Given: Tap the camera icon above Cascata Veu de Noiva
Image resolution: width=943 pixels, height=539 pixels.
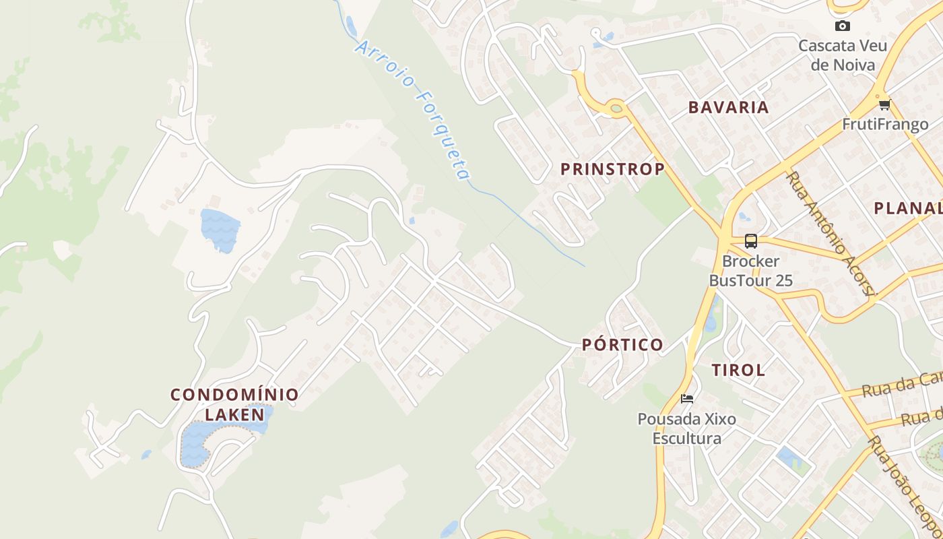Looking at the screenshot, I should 842,26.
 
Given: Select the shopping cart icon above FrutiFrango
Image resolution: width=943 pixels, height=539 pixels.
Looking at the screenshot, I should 884,104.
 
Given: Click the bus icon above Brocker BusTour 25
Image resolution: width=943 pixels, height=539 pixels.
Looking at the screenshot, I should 751,241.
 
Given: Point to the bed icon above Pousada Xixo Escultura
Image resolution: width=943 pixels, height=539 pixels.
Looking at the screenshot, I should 687,398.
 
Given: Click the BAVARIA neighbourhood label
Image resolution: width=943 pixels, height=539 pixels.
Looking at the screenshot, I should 728,107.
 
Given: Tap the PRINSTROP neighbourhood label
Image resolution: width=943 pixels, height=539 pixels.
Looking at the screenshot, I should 612,169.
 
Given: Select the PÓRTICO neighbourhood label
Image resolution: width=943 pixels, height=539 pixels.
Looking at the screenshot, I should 622,345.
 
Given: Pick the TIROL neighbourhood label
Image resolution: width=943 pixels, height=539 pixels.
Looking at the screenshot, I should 738,370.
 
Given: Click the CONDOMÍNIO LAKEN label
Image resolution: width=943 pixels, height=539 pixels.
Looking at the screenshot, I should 234,404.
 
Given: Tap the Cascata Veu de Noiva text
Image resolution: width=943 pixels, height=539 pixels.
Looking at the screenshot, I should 843,55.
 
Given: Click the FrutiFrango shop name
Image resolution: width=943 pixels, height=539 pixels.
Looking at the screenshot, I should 885,125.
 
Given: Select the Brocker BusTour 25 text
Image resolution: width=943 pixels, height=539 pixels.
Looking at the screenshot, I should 751,271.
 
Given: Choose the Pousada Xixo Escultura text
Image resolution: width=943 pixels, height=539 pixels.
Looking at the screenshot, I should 687,429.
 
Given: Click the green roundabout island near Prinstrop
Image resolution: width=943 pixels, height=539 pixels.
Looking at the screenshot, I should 616,107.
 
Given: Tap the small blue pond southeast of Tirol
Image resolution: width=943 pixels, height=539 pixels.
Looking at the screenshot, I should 787,457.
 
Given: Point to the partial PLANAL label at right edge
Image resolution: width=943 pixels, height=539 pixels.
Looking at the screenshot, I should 907,208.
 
